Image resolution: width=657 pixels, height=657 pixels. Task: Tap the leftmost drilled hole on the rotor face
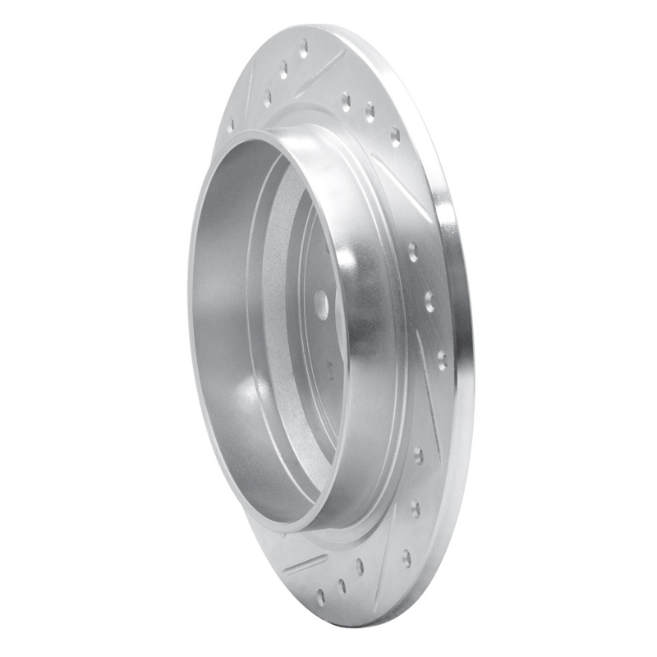(x=231, y=126)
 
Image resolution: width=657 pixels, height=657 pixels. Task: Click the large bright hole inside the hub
(x=321, y=306)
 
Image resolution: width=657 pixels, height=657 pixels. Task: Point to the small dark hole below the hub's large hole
(x=330, y=370)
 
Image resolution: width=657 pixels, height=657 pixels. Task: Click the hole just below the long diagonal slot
(x=412, y=250)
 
